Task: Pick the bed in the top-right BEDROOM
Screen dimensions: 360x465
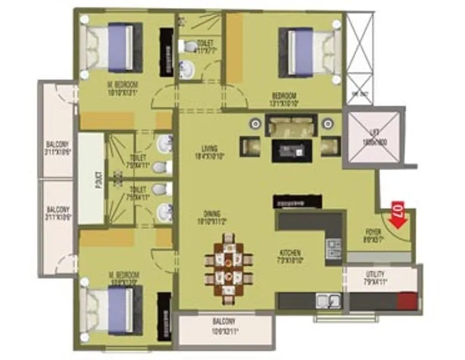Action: [x=310, y=53]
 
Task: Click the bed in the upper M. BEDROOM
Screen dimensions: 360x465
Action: [x=113, y=48]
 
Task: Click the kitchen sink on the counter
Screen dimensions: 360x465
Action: [x=329, y=300]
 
